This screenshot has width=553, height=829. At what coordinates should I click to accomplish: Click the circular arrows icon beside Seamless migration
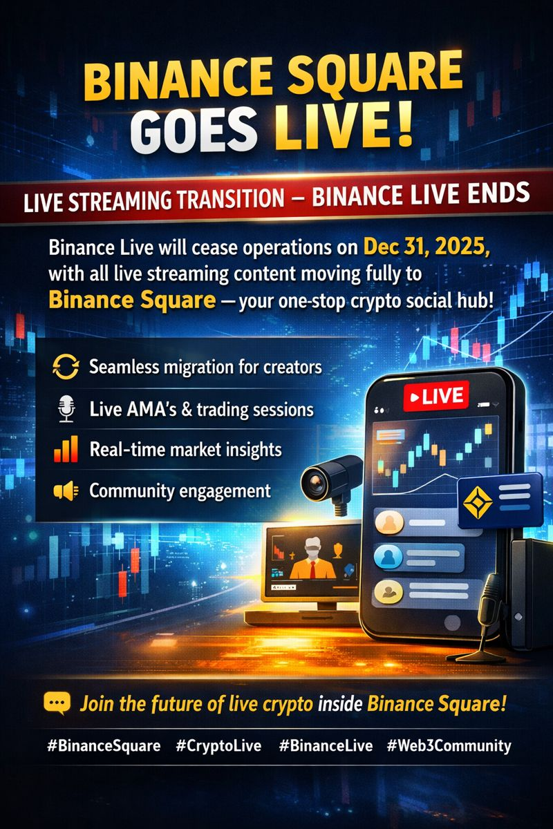click(x=66, y=367)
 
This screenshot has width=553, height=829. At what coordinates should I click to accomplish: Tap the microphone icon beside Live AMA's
click(x=66, y=408)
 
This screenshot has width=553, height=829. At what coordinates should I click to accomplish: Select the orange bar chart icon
click(x=66, y=449)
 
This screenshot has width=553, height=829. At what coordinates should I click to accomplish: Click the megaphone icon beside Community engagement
click(x=66, y=490)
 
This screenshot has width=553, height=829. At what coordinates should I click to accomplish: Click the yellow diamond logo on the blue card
click(x=478, y=502)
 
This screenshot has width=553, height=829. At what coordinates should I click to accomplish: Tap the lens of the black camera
click(x=315, y=482)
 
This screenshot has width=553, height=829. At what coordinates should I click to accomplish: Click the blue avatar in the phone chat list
click(x=388, y=556)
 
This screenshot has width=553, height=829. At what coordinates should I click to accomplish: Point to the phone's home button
click(x=452, y=623)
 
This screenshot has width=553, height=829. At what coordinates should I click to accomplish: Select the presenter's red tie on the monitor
click(x=313, y=570)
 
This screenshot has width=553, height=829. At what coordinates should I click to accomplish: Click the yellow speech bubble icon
click(x=57, y=703)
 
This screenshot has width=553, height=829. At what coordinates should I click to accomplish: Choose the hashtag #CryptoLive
click(x=218, y=745)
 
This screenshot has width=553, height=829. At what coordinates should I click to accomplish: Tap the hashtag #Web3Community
click(x=449, y=745)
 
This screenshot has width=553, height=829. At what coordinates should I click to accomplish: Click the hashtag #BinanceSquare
click(x=104, y=745)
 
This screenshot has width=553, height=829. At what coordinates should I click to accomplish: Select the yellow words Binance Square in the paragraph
click(x=132, y=300)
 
